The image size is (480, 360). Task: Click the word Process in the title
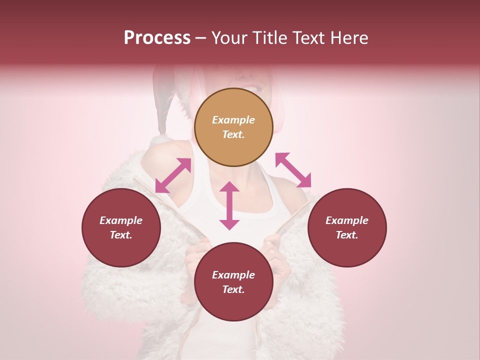point(157,38)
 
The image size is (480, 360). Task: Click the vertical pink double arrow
point(229,205)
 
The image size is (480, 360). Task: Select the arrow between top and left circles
point(173,175)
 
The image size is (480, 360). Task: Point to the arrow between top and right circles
point(293,170)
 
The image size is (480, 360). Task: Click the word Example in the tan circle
point(233,120)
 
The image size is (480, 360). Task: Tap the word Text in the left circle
point(121,235)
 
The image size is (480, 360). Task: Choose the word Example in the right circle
point(347,220)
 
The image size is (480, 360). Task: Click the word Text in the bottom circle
point(233,289)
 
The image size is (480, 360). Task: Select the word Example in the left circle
point(121,220)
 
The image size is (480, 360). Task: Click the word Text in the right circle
point(347,235)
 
